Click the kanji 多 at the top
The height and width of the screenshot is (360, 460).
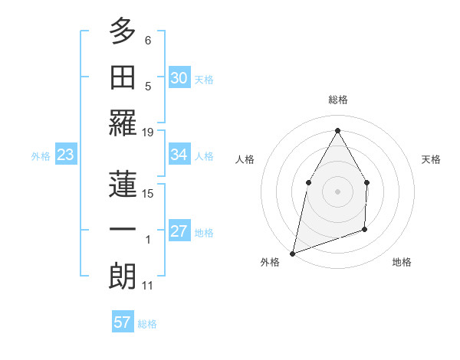pos(123,33)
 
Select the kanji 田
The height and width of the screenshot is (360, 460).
pos(123,77)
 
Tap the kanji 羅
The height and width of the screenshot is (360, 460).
pos(123,123)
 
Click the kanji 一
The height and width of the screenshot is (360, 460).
pos(123,229)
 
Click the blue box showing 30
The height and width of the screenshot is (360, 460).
pos(179,78)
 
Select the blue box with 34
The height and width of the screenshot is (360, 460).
pos(179,155)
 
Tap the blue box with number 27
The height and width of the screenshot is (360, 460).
pos(179,231)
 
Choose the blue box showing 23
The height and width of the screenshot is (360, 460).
pos(66,155)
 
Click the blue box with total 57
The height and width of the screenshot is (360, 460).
pos(123,322)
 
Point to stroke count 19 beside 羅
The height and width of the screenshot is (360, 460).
pos(148,132)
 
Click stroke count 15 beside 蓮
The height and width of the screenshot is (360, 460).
pos(148,193)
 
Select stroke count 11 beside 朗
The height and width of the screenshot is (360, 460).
pos(148,286)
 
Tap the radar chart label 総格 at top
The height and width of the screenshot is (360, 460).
pos(337,100)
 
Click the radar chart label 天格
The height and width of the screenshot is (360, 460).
pos(432,159)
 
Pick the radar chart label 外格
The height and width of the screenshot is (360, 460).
pos(270,262)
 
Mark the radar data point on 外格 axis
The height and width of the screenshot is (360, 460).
pos(292,253)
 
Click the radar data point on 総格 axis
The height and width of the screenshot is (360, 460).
pos(337,129)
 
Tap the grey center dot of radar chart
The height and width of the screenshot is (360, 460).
pos(337,191)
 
